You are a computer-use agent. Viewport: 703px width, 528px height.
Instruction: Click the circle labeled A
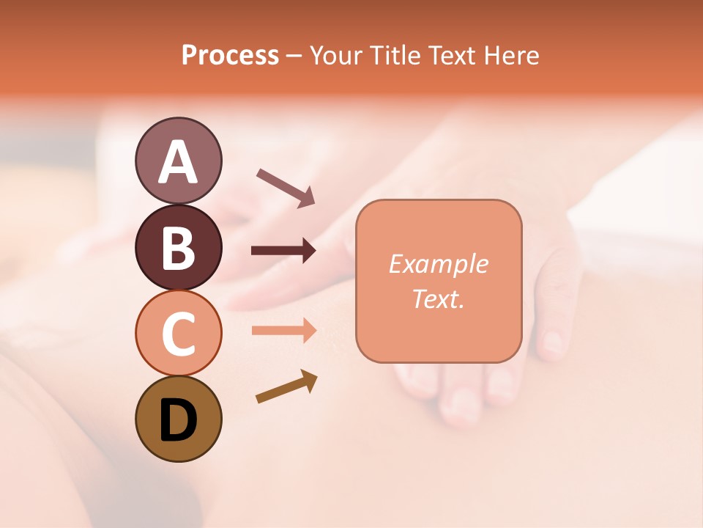(178, 161)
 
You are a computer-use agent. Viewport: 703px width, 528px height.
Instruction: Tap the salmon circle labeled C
(178, 333)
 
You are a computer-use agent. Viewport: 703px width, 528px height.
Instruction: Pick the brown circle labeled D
(178, 419)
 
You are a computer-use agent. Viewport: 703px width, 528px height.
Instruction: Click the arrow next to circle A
(286, 186)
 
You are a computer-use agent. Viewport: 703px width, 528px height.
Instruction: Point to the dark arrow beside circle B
(283, 251)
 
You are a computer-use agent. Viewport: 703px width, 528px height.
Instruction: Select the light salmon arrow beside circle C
(283, 330)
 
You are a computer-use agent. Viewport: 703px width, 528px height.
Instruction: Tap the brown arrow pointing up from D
(286, 386)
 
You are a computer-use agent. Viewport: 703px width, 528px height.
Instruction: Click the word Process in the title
(230, 55)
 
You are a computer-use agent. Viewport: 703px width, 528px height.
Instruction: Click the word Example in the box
(438, 264)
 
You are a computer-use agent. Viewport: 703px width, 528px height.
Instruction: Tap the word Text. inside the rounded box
(438, 298)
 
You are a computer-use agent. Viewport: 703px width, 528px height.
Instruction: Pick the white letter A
(178, 162)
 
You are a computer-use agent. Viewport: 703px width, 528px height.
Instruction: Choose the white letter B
(178, 248)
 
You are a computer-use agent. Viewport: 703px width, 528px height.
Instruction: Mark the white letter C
(178, 334)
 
